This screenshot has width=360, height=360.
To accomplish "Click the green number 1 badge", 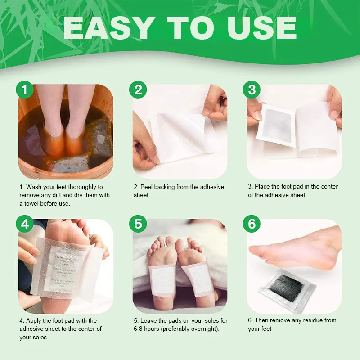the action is tap(25, 90).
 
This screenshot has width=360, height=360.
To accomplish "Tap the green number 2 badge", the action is tap(138, 90).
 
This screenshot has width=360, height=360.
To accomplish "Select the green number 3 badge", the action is tap(252, 90).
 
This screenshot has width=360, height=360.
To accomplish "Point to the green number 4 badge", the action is tap(25, 224).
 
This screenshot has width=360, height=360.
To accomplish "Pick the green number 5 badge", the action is tap(138, 224).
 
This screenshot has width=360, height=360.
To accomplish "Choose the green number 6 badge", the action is tap(252, 224).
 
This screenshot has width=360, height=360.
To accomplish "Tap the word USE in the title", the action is tap(262, 28).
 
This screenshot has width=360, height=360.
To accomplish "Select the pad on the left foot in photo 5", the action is tap(162, 280).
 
